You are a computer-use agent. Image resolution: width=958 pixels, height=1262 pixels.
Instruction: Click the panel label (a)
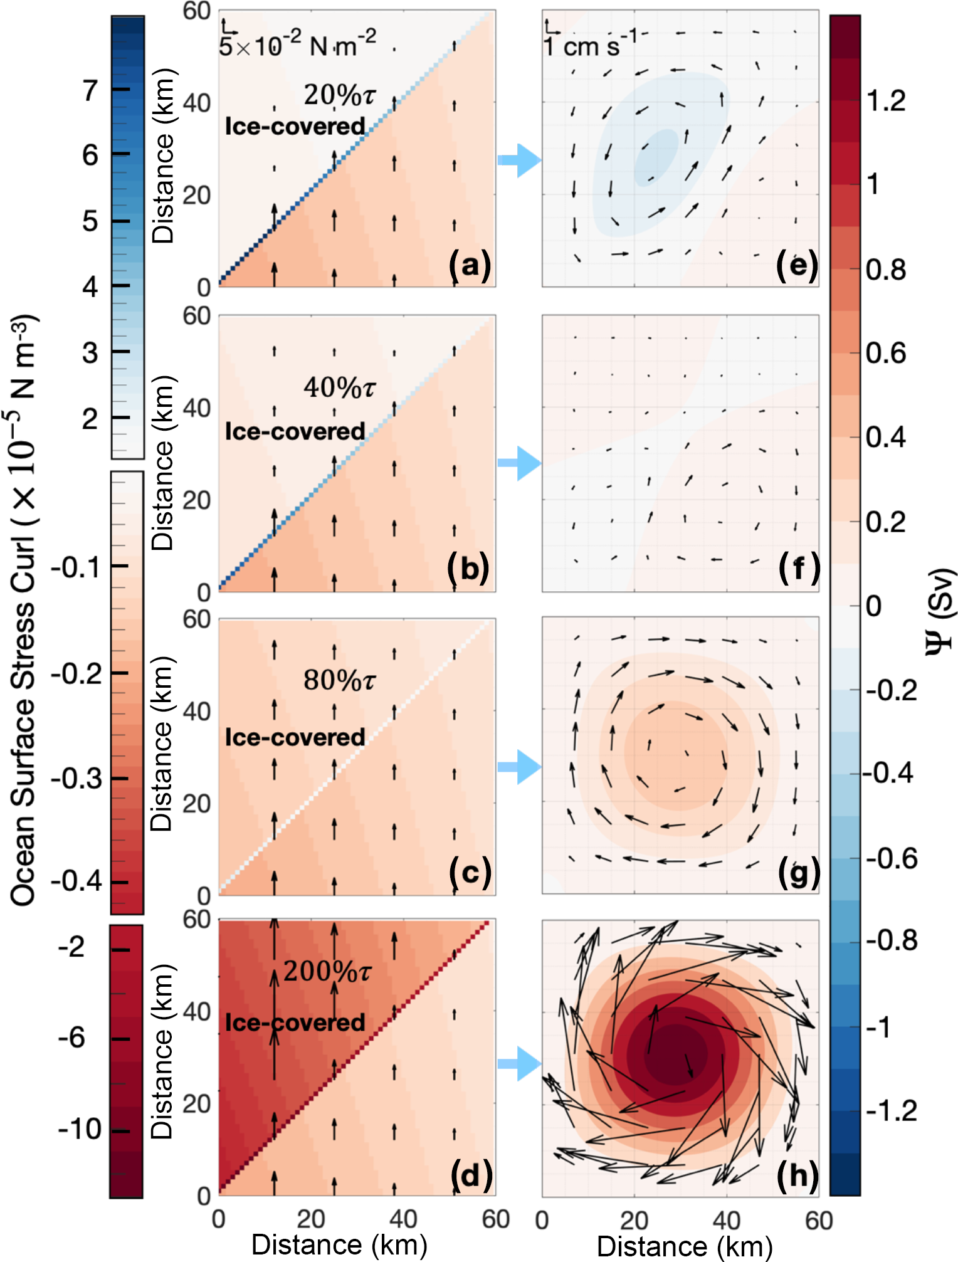point(470,265)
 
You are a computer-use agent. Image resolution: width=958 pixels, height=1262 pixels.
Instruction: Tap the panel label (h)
point(797,1175)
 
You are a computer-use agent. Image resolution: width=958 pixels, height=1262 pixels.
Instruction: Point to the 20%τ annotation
point(339,95)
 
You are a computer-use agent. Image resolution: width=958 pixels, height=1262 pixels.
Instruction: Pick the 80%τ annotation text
point(339,680)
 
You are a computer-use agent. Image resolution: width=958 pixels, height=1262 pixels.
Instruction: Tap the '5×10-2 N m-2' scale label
point(298,44)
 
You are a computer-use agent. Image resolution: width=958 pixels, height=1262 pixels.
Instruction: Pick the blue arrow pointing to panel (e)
point(520,160)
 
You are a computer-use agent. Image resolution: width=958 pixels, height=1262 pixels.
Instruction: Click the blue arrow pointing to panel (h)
point(520,1064)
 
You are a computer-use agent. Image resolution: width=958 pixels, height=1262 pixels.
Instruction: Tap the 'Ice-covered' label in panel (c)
point(295,737)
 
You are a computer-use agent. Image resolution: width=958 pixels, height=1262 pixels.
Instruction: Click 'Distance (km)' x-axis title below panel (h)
point(685,1246)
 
